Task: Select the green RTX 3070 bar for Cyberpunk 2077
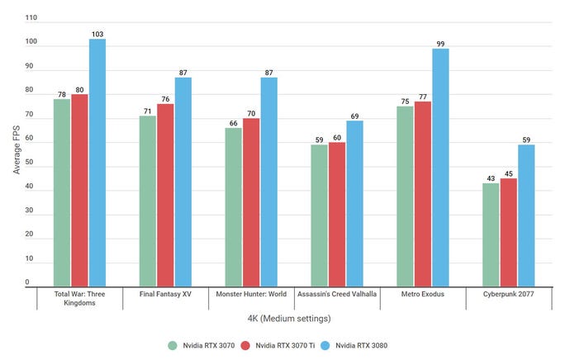[x=491, y=234]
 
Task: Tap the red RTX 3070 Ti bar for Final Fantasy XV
[x=166, y=195]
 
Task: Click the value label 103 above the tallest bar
[x=97, y=34]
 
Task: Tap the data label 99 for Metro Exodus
[x=440, y=43]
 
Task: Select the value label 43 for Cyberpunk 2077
[x=491, y=178]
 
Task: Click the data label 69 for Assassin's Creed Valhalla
[x=355, y=116]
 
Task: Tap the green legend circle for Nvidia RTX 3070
[x=173, y=344]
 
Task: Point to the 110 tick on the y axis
[x=31, y=17]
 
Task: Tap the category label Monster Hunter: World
[x=250, y=294]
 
